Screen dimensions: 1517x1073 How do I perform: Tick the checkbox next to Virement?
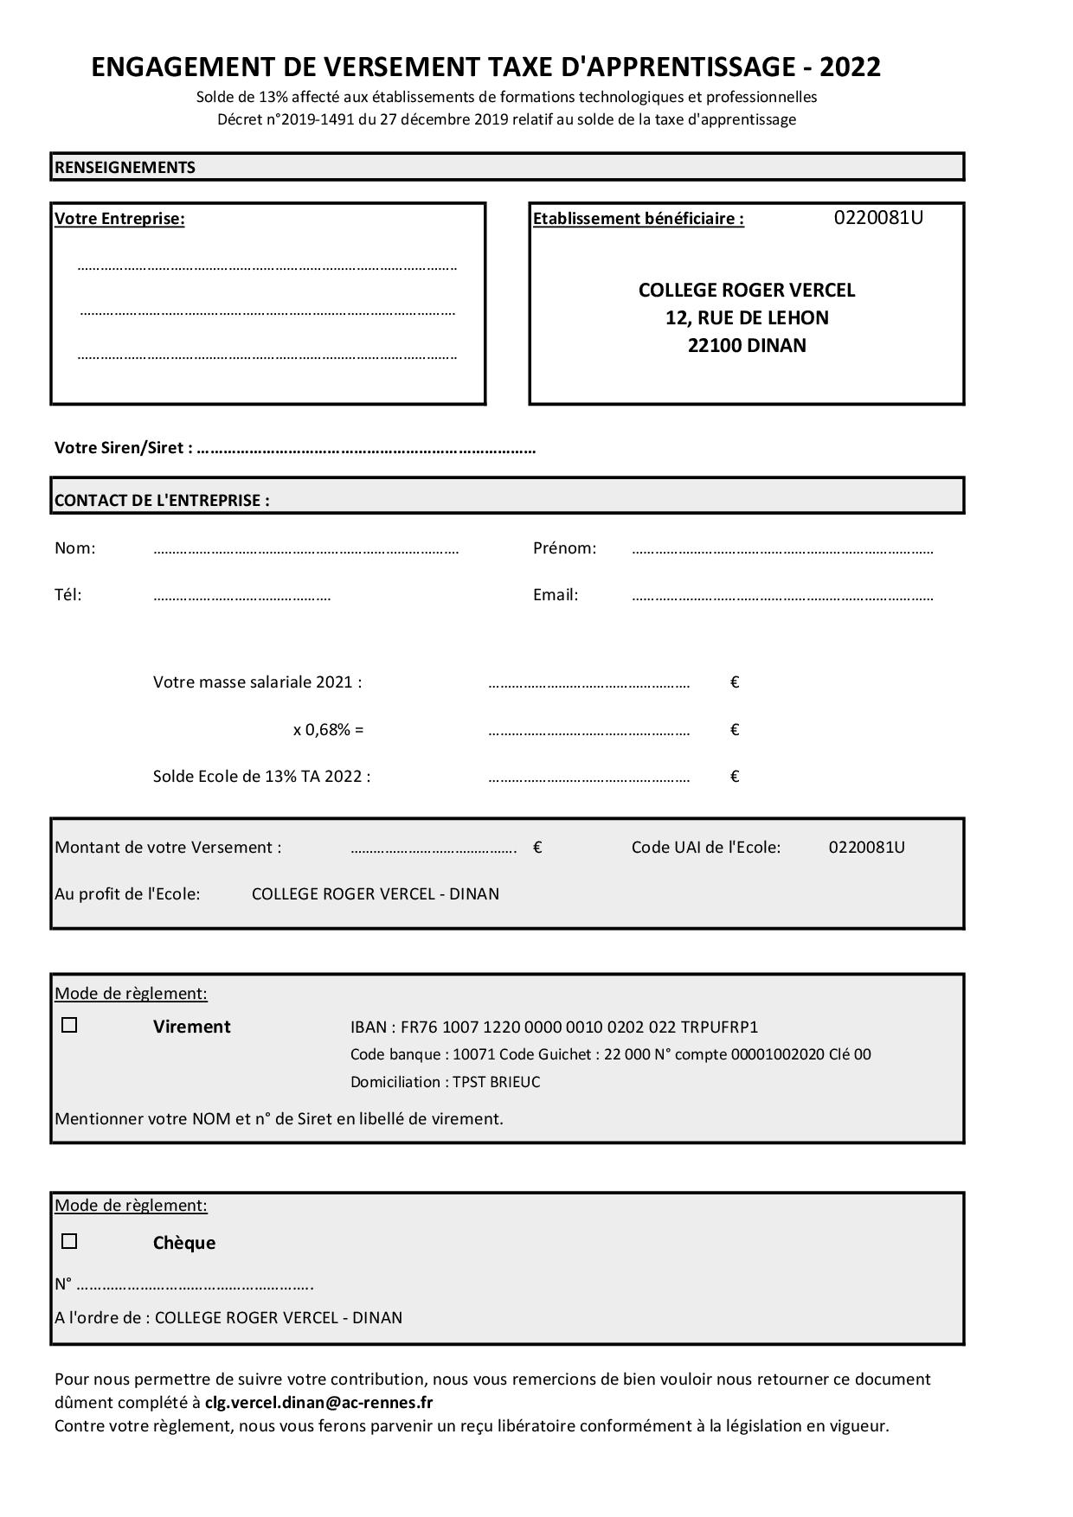(69, 1026)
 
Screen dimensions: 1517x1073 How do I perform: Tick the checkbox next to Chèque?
(69, 1242)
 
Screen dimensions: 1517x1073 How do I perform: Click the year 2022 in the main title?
(850, 67)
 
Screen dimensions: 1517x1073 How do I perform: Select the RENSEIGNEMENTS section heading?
(125, 167)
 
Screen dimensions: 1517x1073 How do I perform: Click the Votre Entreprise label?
(119, 219)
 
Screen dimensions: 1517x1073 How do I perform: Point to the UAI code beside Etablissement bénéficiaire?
(878, 218)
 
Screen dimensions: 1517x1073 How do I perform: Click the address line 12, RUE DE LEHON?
(747, 318)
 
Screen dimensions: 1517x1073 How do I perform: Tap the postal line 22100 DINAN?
(747, 346)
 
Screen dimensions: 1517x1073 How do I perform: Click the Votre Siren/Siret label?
(123, 448)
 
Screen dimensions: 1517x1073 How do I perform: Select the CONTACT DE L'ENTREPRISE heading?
(162, 500)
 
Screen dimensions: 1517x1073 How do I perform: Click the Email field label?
(556, 595)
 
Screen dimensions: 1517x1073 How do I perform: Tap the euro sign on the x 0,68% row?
(735, 729)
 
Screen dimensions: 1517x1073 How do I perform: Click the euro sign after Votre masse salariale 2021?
(735, 682)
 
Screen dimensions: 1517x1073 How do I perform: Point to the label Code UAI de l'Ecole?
(706, 848)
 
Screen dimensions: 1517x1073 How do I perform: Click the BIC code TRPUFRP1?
(719, 1027)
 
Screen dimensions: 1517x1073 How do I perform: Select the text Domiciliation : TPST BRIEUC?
(445, 1082)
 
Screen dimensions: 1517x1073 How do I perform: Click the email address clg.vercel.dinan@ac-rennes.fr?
(319, 1402)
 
